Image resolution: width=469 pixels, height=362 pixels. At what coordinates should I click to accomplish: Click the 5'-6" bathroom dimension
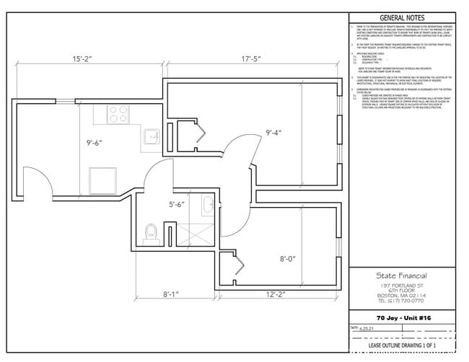click(177, 204)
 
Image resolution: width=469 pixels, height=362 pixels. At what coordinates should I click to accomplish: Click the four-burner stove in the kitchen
click(117, 113)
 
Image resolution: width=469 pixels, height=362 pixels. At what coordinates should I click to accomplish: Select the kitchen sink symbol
click(153, 138)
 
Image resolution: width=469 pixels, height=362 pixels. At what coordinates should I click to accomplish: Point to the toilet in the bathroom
click(151, 233)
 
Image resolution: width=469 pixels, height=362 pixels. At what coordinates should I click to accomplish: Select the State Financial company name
click(401, 276)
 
